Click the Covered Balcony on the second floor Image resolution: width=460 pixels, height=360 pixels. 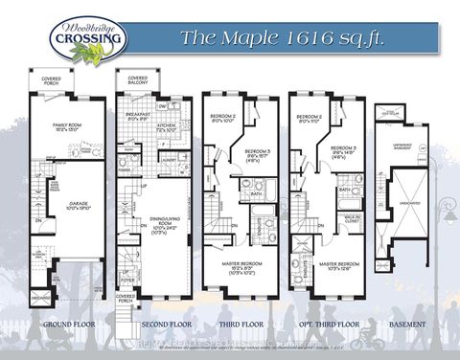click(138, 80)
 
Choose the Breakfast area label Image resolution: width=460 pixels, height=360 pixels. click(138, 116)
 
